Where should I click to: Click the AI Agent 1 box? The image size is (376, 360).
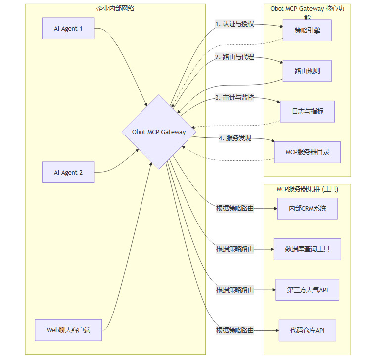tap(68, 28)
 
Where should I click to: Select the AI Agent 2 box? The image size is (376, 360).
tap(68, 173)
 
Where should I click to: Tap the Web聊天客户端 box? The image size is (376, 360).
tap(68, 330)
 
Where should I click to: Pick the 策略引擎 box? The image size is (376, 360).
tap(307, 30)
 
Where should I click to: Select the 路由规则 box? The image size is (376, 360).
tap(307, 71)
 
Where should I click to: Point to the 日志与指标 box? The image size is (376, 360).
tap(307, 111)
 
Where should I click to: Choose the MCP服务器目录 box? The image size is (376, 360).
tap(307, 152)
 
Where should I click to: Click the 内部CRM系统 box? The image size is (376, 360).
tap(307, 208)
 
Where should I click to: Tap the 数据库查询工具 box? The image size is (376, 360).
tap(307, 249)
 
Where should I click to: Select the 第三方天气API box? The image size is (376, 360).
tap(307, 290)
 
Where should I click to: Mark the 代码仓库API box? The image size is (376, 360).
tap(307, 330)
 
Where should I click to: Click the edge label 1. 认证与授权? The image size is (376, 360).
tap(235, 24)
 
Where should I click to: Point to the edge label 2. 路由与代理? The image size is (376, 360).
tap(235, 57)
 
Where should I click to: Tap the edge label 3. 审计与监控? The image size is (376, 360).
tap(235, 98)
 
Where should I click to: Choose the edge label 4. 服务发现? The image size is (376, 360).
tap(235, 138)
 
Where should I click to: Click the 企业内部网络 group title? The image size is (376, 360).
tap(115, 8)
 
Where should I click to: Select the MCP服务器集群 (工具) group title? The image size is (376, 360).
tap(307, 189)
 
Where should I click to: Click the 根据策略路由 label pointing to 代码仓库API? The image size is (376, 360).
tap(235, 330)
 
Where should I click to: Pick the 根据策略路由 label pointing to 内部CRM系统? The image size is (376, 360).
tap(235, 208)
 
